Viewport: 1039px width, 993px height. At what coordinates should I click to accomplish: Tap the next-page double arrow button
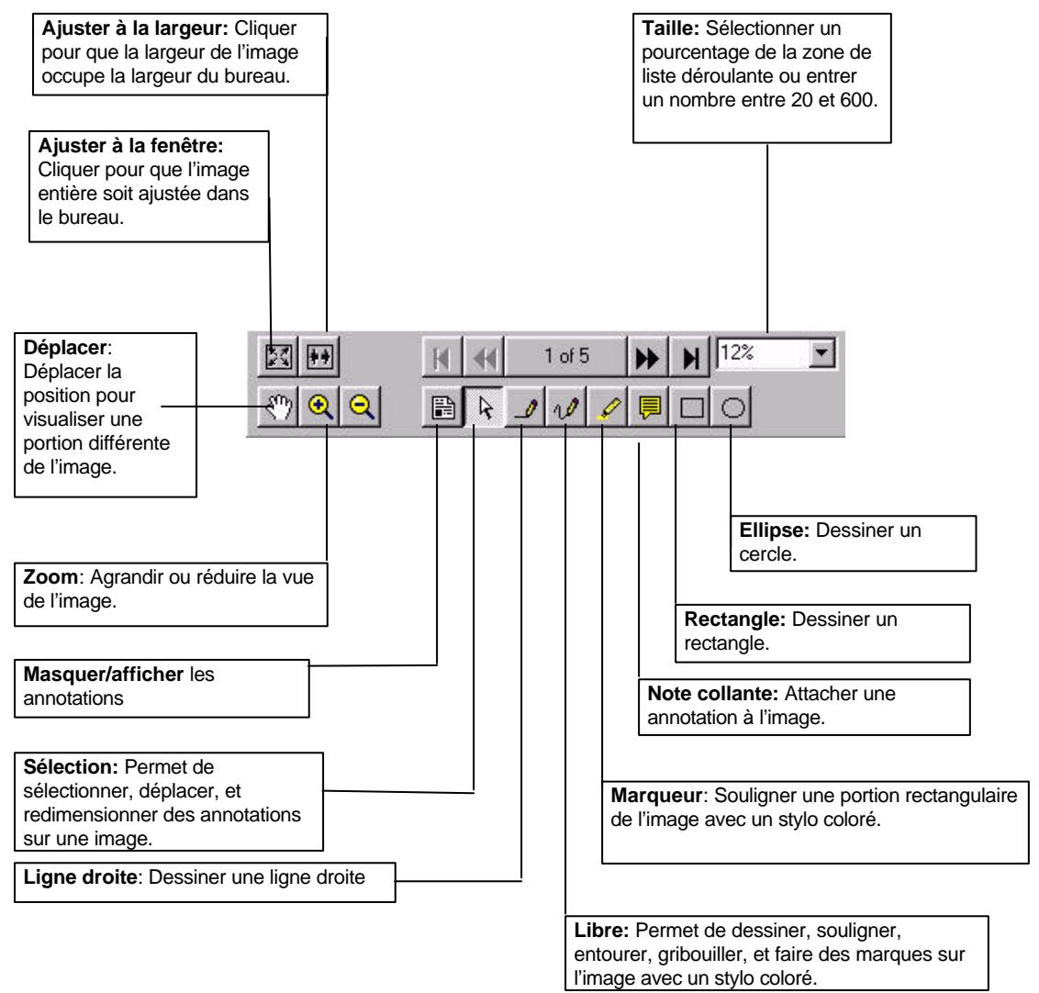click(x=645, y=355)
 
